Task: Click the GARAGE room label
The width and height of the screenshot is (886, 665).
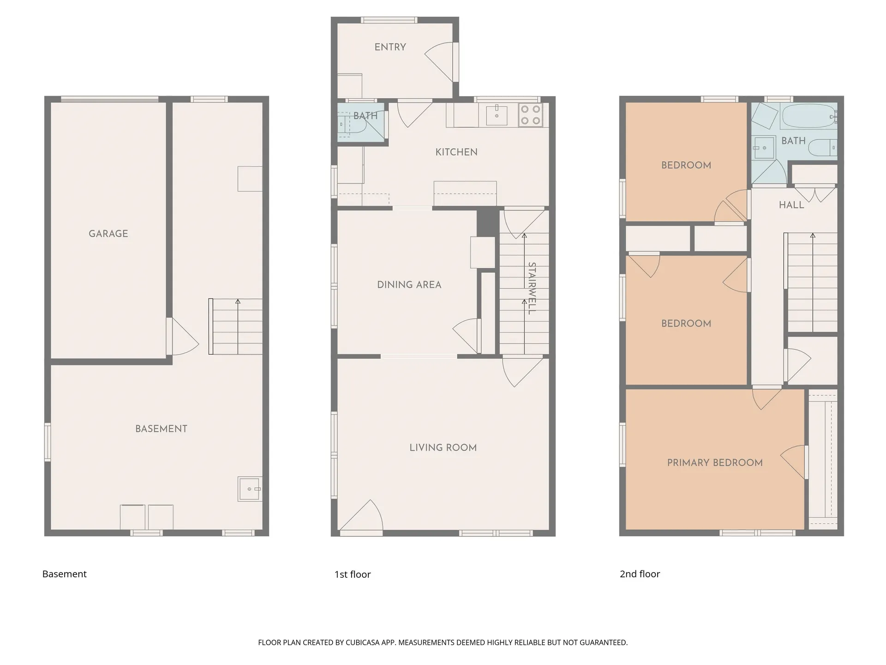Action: tap(108, 234)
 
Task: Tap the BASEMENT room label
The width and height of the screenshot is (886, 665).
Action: tap(161, 429)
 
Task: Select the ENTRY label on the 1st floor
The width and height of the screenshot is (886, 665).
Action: tap(390, 47)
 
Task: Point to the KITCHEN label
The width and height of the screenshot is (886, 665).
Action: tap(456, 152)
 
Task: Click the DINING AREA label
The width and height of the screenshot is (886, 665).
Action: tap(409, 285)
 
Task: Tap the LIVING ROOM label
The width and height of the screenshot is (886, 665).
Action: tap(443, 447)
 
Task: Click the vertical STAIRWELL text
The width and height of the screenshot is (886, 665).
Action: tap(532, 288)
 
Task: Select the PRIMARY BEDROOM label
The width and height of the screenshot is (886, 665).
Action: tap(714, 463)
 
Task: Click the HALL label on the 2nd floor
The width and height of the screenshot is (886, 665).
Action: tap(791, 205)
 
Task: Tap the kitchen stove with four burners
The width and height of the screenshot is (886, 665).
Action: tap(530, 115)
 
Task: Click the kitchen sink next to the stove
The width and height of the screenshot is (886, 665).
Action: tap(497, 115)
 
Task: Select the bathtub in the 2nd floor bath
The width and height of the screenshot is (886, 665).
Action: tap(808, 116)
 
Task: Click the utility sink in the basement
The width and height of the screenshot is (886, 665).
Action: tap(250, 489)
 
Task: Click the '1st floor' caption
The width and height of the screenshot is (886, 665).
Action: tap(353, 574)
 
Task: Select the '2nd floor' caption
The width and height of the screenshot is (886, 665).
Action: tap(640, 574)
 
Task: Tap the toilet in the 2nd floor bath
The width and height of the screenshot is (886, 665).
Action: tap(824, 147)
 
